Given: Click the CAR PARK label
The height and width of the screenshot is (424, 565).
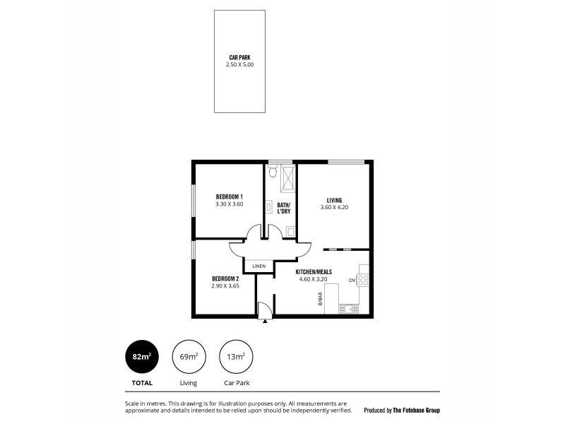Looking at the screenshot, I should (240, 57).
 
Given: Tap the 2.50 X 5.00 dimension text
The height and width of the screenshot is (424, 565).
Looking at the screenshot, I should (240, 64).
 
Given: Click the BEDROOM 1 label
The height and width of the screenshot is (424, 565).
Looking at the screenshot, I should (230, 196).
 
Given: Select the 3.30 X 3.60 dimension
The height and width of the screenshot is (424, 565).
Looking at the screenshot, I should (230, 204).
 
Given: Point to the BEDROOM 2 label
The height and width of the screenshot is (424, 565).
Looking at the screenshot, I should (225, 278).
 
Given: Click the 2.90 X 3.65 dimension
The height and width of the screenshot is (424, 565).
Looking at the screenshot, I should (225, 286).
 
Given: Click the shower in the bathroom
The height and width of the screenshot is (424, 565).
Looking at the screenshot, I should (288, 178).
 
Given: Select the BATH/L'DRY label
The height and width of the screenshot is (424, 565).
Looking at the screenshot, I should (284, 208).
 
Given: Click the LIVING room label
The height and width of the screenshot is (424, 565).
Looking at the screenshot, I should (335, 199).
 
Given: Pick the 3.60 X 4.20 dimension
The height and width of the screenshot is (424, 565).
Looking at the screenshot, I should (335, 207).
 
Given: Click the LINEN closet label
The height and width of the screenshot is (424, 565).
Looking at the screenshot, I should (259, 266).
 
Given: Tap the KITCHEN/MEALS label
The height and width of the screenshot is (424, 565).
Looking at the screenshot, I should (314, 271).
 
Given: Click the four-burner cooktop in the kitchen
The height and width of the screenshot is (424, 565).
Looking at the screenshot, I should (363, 280).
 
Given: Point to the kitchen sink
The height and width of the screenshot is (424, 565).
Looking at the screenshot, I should (349, 308).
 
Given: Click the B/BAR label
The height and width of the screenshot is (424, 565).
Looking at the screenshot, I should (320, 299).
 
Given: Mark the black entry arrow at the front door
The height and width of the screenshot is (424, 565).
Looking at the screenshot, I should (266, 321).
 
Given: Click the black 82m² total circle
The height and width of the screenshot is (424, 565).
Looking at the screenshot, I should (141, 358).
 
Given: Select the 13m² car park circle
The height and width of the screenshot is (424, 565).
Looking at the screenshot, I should (236, 358).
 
